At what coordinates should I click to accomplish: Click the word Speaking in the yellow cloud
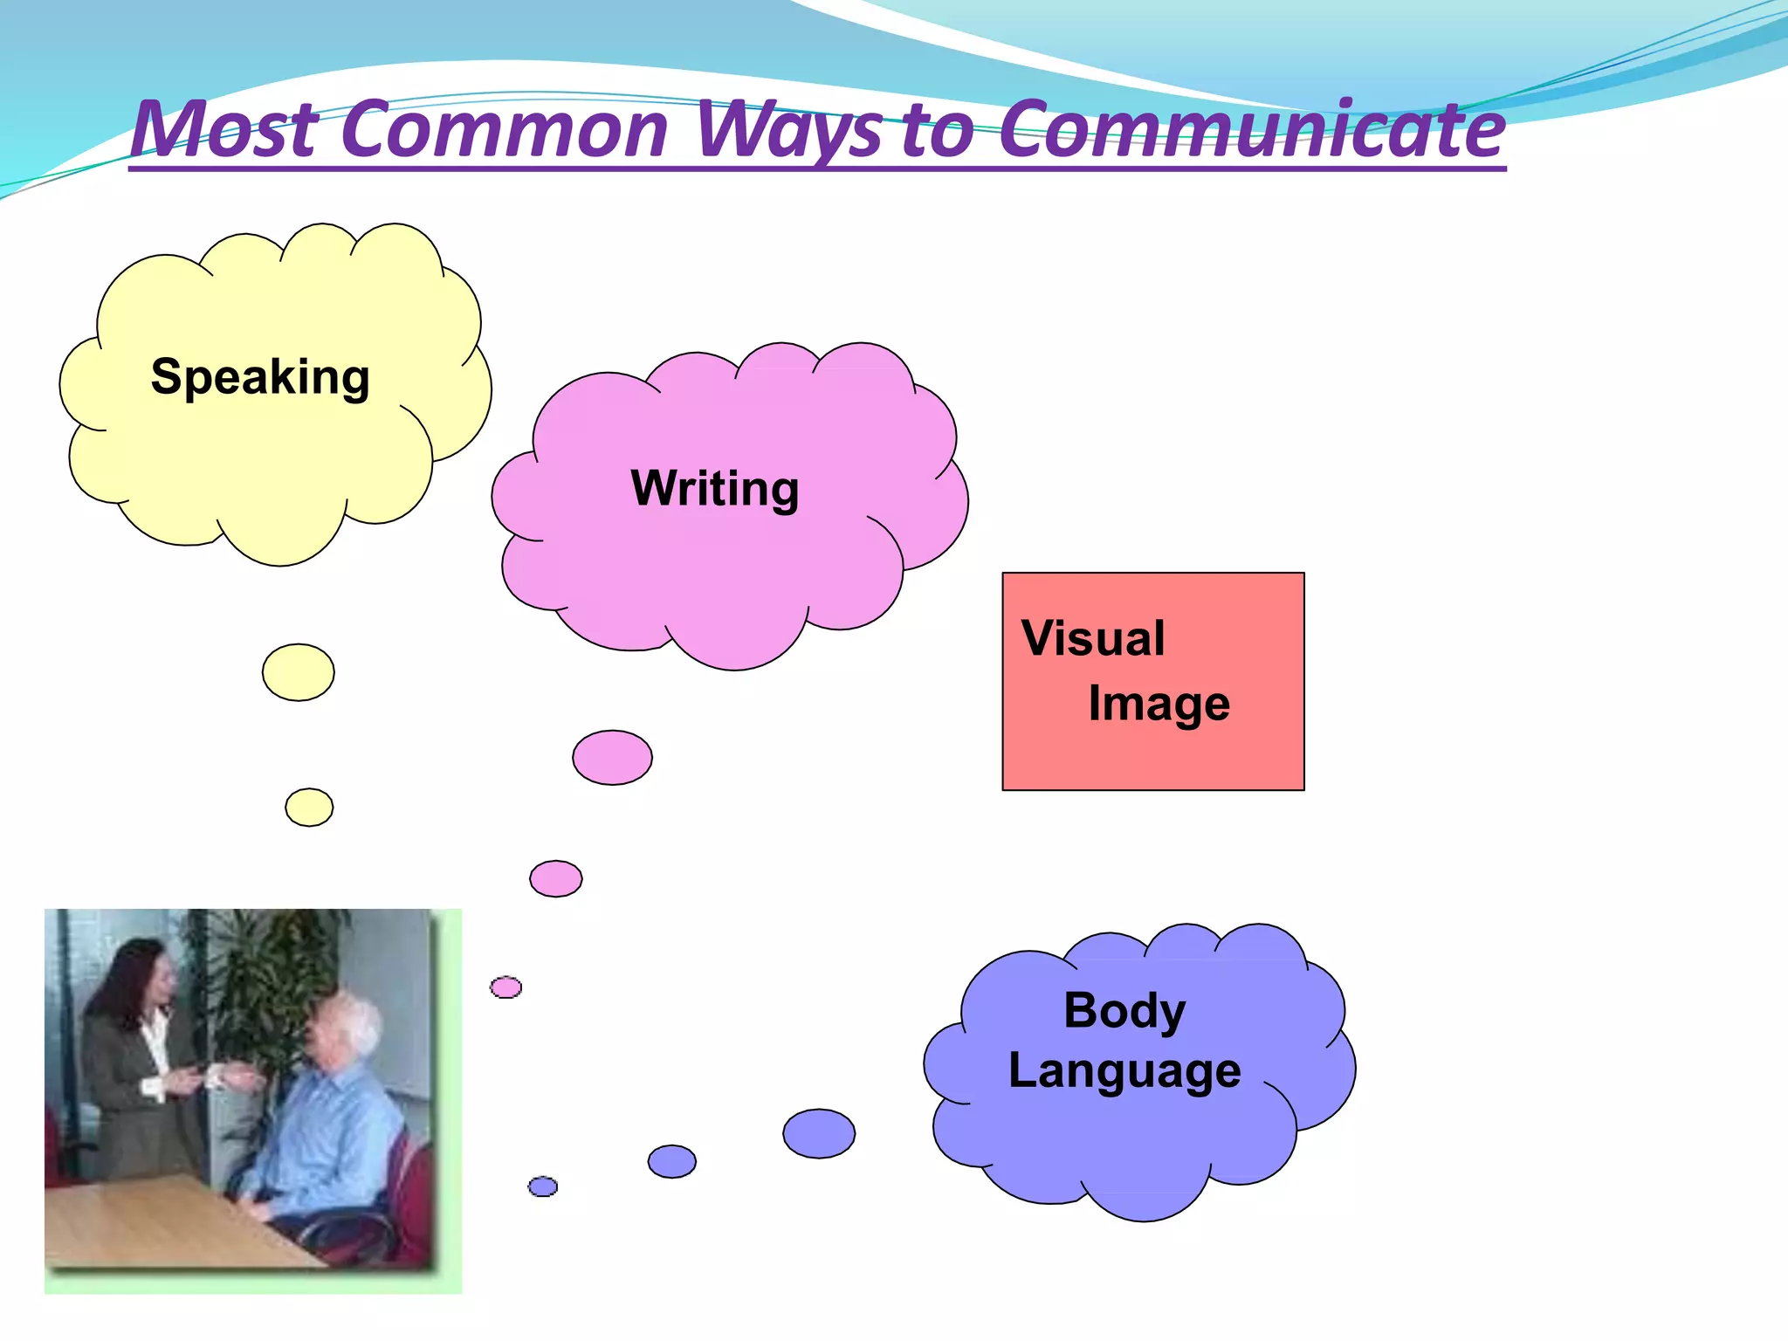[260, 377]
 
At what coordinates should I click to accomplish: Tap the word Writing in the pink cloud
[714, 488]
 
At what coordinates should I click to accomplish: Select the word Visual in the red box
[1093, 638]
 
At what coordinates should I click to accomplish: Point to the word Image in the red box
[1159, 704]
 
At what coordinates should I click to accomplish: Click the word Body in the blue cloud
[1124, 1011]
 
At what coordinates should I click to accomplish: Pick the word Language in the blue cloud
[1124, 1071]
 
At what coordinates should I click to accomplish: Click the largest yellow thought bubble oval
[299, 672]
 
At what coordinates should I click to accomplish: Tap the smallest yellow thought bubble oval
[309, 808]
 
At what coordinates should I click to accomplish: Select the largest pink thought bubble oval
[612, 758]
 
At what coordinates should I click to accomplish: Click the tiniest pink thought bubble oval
[505, 987]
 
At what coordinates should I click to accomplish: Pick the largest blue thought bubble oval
[819, 1133]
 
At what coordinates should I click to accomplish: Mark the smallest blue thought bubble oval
[543, 1186]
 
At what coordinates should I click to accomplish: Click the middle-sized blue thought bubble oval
[672, 1161]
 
